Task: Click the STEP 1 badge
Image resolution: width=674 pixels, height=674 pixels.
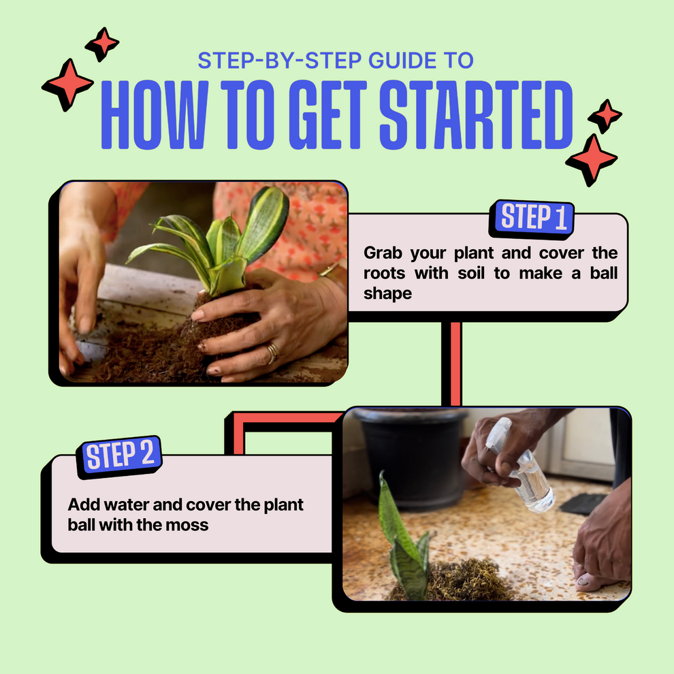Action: (x=534, y=218)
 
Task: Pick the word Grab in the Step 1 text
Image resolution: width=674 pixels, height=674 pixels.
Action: (x=383, y=253)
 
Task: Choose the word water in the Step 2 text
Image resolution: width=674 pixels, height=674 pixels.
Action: (x=123, y=506)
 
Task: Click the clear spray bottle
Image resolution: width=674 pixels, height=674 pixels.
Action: (x=525, y=470)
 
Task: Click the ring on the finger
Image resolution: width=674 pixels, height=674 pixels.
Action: (x=272, y=352)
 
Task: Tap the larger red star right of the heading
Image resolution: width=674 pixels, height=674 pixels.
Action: (x=591, y=159)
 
